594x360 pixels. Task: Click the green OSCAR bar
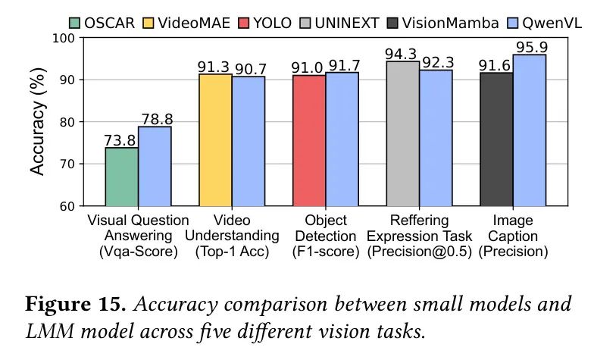[121, 177]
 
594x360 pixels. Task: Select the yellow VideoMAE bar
[215, 140]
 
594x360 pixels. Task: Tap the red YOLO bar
[309, 140]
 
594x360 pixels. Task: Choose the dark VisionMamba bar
[496, 139]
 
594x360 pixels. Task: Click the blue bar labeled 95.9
[530, 130]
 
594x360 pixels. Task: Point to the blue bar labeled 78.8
[155, 166]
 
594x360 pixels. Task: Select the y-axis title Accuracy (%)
[38, 121]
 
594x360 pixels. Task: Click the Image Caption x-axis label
[513, 236]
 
